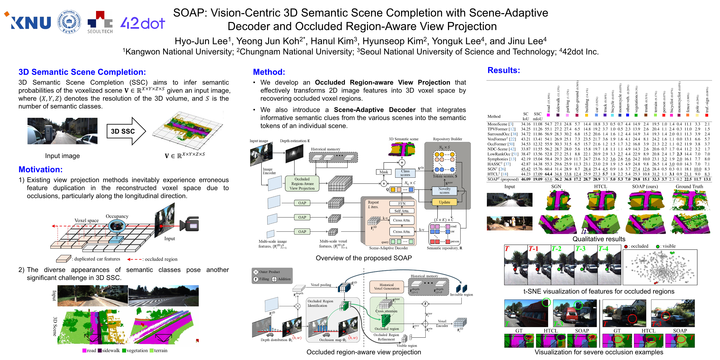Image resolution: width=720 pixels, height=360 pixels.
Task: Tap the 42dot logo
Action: coord(142,23)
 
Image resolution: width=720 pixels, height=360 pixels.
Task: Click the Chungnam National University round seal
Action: coord(69,22)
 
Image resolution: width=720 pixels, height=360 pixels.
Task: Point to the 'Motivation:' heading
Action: coord(41,169)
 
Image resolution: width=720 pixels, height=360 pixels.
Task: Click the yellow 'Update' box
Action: coord(444,202)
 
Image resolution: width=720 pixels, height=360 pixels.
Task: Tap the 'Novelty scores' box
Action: coord(444,191)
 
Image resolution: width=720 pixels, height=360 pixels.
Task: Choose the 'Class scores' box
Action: coord(405,173)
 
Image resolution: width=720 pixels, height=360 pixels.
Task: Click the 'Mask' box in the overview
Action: coord(384,172)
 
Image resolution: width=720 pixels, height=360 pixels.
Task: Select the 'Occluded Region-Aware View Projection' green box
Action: coord(302,184)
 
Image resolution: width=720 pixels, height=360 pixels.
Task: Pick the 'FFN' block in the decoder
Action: coord(402,204)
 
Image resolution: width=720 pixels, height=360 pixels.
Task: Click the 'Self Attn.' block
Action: coord(402,211)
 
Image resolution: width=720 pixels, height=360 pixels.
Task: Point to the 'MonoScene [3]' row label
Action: coord(500,124)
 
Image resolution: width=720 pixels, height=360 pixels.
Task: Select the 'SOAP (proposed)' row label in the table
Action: coord(502,179)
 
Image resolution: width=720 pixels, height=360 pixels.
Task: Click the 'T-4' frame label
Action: coord(603,249)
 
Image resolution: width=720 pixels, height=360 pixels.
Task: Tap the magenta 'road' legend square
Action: coord(84,350)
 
